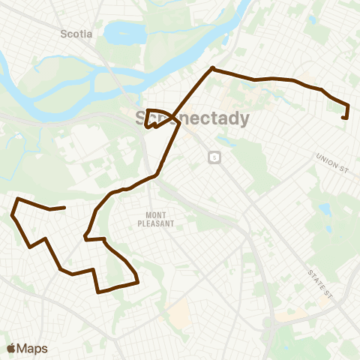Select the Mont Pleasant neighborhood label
click(x=155, y=219)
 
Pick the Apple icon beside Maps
click(x=11, y=347)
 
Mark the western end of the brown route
click(x=65, y=207)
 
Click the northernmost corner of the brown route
click(x=213, y=69)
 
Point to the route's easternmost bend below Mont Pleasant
click(x=138, y=282)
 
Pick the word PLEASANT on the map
click(x=155, y=223)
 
